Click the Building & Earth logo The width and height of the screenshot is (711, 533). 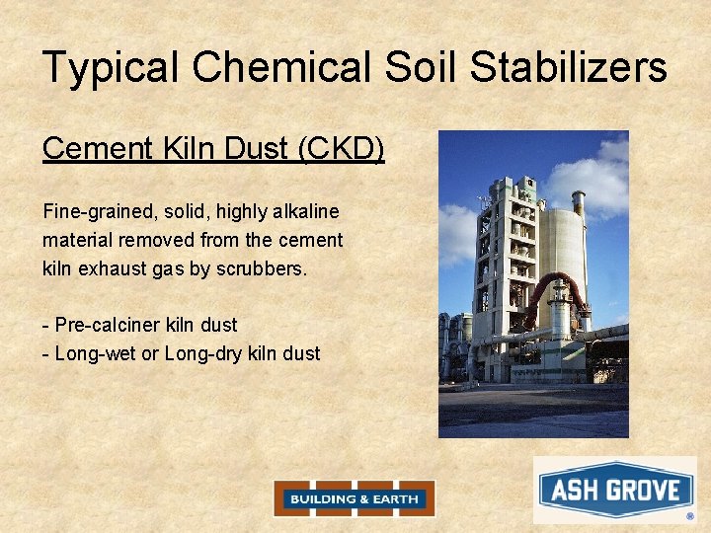354,498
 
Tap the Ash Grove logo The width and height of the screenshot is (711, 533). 614,490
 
